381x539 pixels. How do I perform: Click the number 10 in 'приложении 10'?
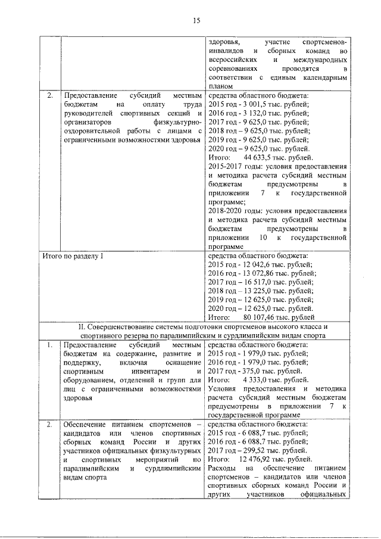coord(263,238)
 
